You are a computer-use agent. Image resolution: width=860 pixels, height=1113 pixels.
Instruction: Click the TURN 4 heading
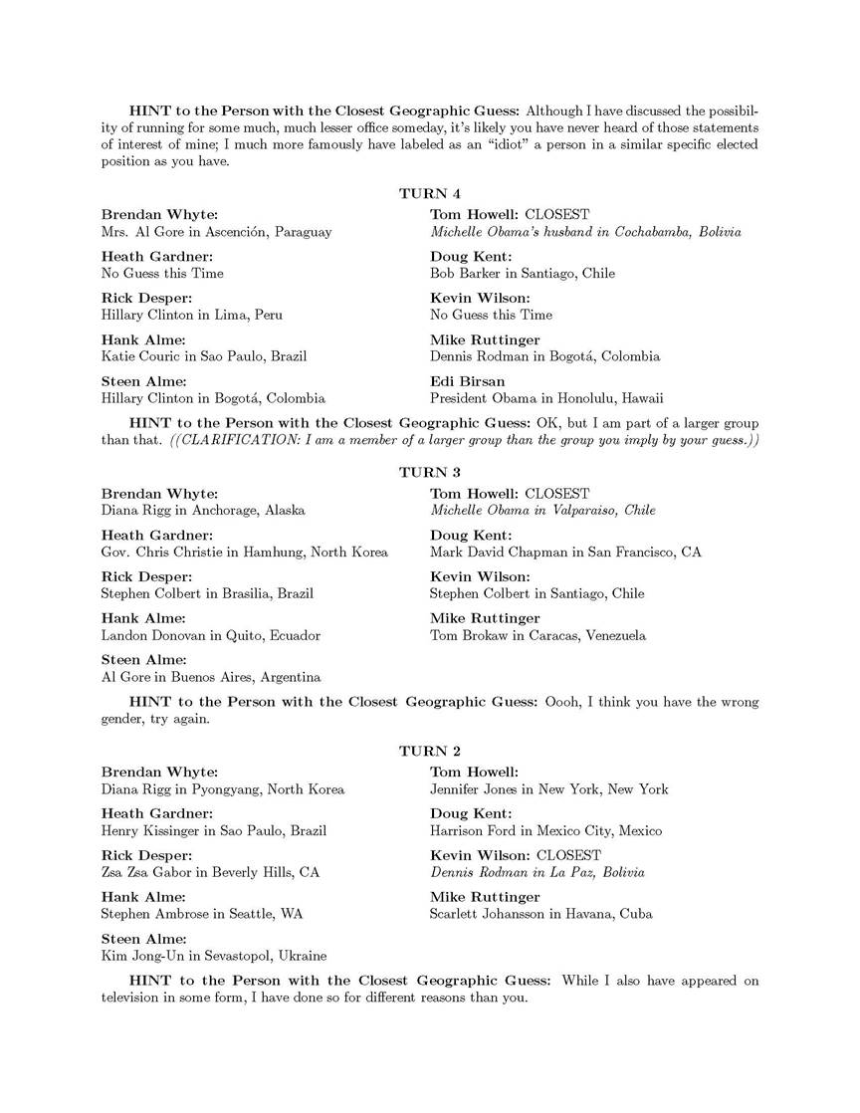coord(430,193)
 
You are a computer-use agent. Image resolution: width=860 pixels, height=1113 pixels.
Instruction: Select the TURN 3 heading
coord(430,472)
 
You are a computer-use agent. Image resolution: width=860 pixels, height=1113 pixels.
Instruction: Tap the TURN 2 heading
coord(430,751)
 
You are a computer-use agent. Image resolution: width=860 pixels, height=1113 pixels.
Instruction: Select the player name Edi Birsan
coord(468,381)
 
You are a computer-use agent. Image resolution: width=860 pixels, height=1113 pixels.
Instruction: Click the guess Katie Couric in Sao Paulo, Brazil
coord(204,356)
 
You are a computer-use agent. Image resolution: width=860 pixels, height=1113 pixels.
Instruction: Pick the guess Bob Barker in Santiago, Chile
coord(523,273)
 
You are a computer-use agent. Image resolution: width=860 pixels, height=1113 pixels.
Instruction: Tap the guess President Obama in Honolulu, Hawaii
coord(546,398)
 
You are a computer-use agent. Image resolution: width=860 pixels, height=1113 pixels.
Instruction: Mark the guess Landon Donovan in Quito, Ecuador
coord(210,635)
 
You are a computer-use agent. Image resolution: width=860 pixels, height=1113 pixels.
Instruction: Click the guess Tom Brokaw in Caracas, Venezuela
coord(537,635)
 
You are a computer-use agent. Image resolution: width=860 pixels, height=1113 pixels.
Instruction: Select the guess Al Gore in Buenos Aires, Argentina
coord(211,677)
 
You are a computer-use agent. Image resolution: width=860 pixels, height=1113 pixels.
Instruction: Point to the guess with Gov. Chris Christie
coord(244,552)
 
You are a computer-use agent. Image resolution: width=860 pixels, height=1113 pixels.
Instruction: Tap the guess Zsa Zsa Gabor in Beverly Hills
coord(210,872)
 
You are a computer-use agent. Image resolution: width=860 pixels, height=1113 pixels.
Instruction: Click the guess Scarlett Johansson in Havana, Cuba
coord(540,914)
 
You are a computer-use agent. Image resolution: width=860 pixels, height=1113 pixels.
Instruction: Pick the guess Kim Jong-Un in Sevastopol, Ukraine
coord(213,956)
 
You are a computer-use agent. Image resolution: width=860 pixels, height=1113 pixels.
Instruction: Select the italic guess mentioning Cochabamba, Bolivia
coord(585,231)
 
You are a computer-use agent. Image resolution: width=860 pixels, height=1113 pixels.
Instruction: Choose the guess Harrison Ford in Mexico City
coord(545,830)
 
